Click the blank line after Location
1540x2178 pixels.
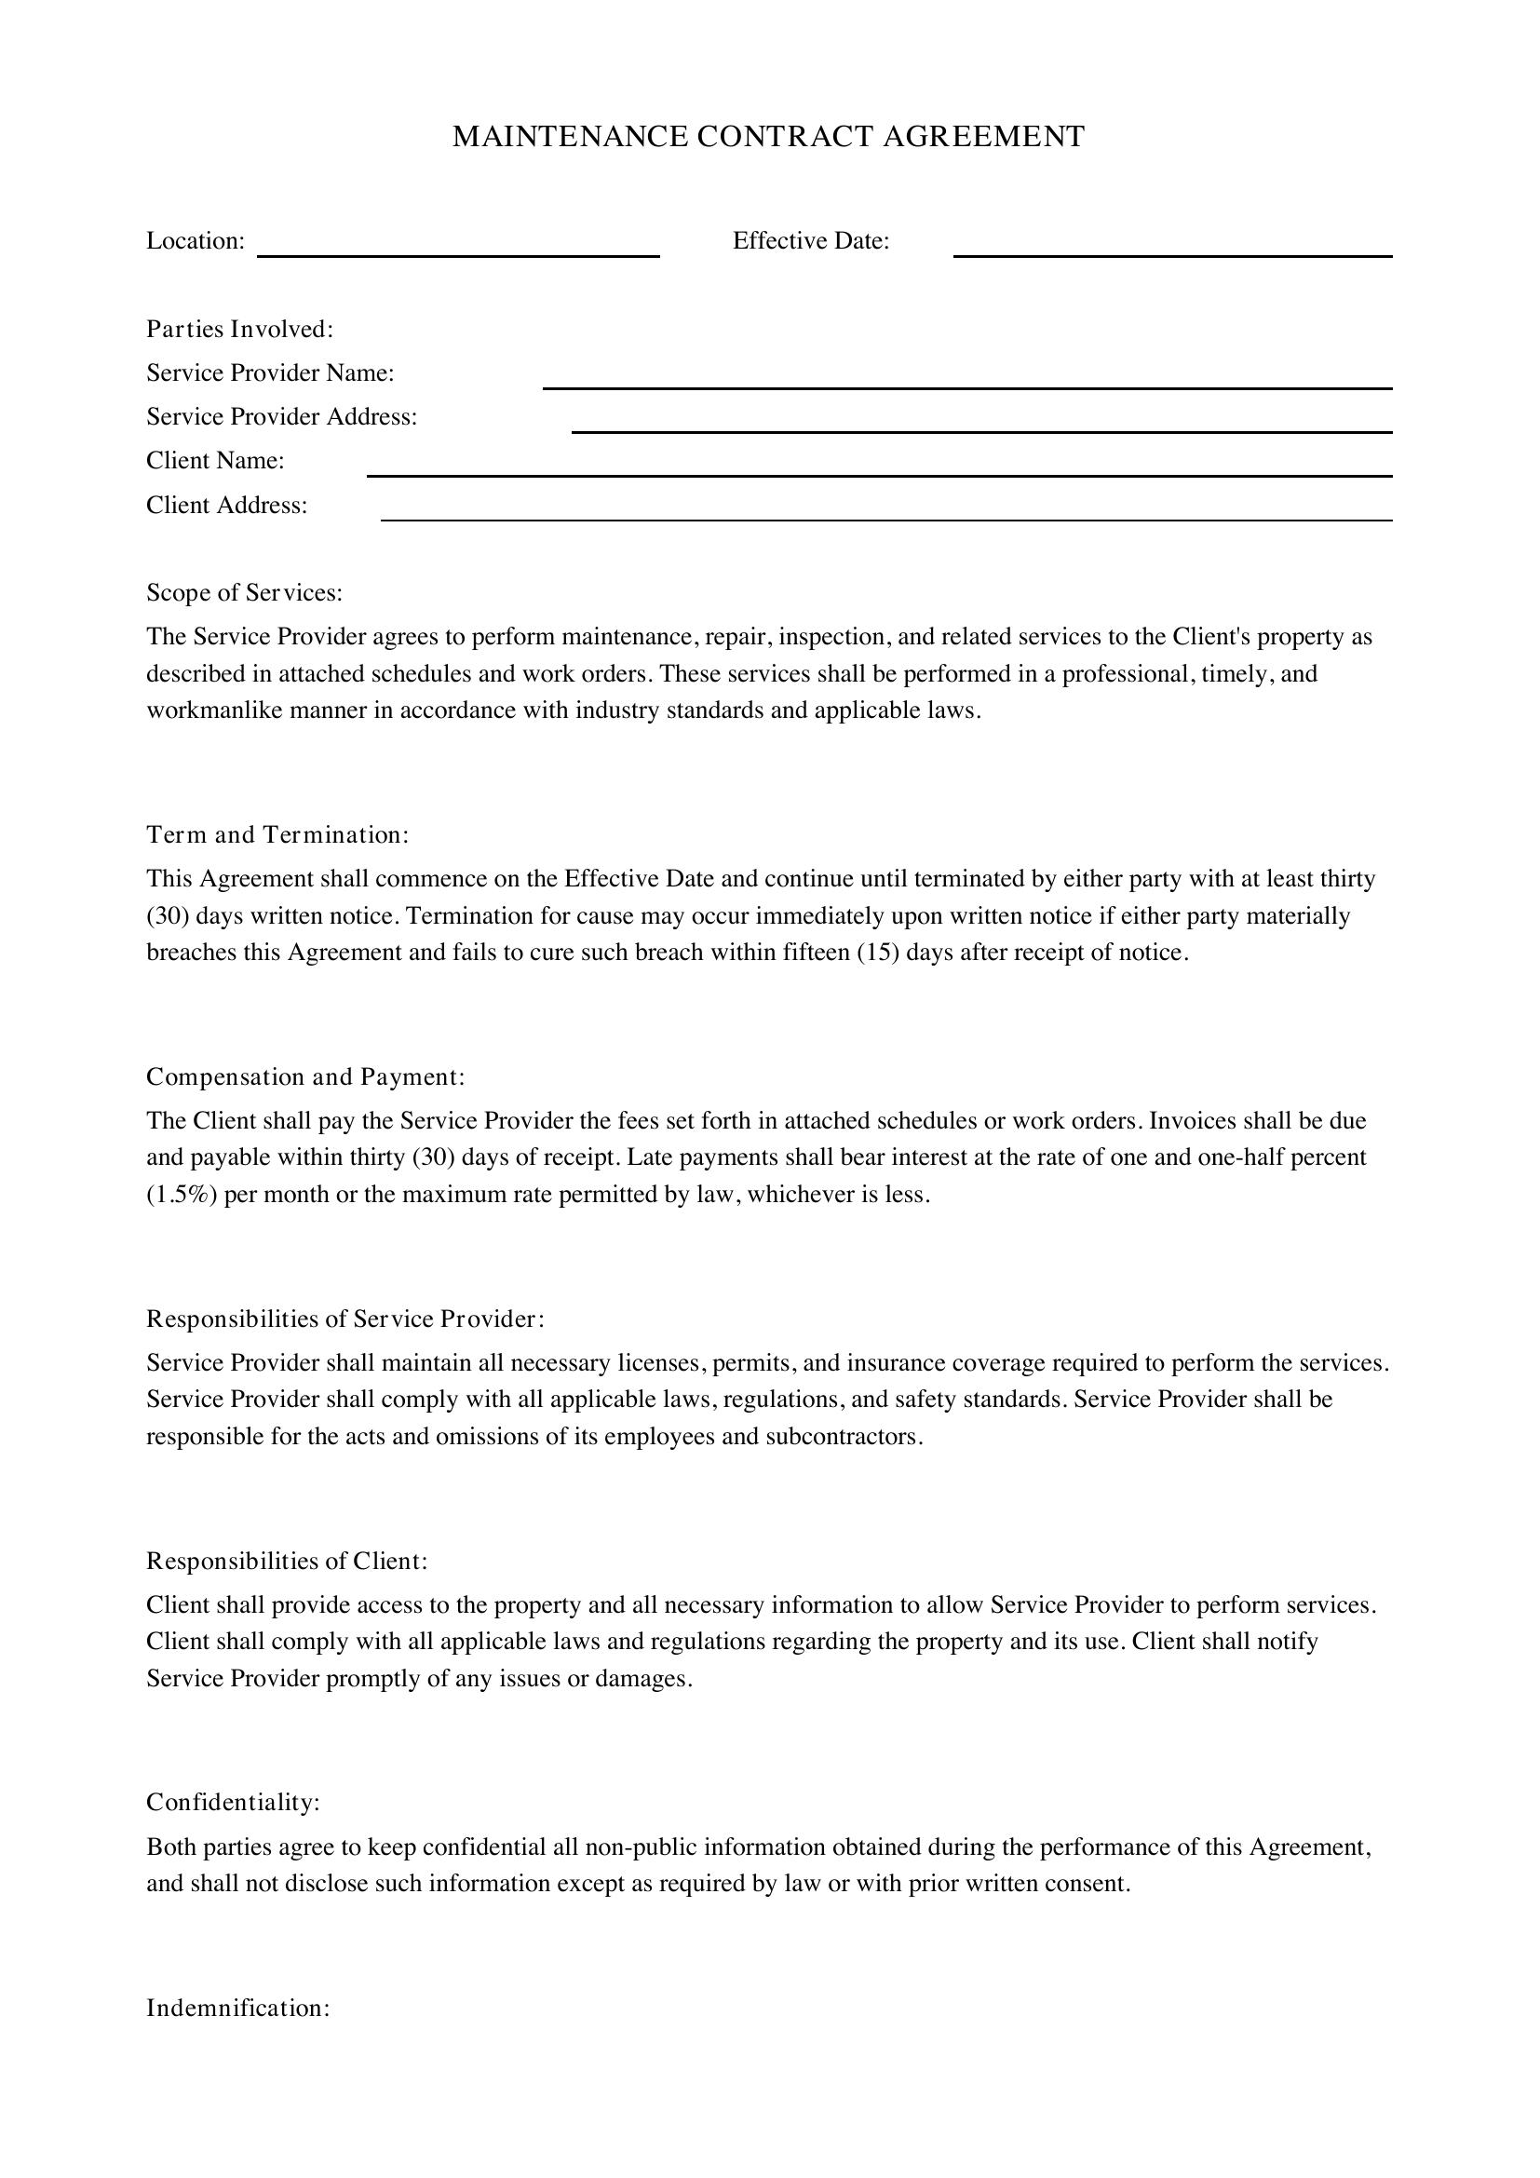pos(458,254)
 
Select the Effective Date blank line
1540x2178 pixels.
pos(1172,254)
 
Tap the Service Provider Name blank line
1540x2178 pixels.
pos(967,386)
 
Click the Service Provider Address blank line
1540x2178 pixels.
pos(981,431)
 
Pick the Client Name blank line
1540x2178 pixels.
pos(879,474)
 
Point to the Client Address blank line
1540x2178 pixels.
pos(886,519)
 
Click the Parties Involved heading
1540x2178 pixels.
pos(239,329)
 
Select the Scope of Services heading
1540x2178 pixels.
pos(244,593)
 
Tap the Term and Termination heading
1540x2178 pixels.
pos(277,834)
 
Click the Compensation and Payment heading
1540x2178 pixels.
pos(305,1076)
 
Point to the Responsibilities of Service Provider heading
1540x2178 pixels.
pos(345,1319)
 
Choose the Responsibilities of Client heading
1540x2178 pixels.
pos(287,1561)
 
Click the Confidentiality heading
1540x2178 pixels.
pos(233,1803)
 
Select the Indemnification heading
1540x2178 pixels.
pos(237,2009)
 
